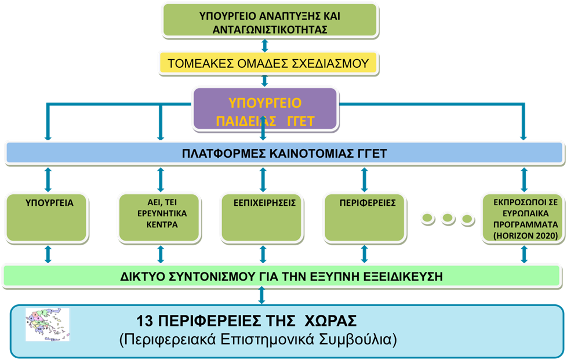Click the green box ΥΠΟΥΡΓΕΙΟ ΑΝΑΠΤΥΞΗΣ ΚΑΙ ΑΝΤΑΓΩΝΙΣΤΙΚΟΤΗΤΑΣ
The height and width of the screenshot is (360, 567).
(270, 21)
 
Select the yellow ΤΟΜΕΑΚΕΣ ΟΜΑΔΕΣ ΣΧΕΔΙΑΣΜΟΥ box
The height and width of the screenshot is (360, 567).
(268, 63)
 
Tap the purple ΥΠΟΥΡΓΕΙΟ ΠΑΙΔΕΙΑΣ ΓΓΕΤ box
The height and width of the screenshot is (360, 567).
(265, 109)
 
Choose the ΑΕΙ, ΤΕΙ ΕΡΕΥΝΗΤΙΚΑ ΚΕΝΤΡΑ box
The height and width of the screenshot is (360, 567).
(159, 218)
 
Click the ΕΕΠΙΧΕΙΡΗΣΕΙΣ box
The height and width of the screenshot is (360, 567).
(262, 218)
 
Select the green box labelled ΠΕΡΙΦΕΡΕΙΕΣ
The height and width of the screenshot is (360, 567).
(365, 218)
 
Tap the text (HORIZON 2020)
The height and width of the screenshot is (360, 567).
(525, 236)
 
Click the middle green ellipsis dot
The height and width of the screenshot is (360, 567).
(448, 218)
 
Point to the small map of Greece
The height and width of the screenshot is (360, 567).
(48, 324)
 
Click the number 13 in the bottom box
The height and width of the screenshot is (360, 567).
(144, 321)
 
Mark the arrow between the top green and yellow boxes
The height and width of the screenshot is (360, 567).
(265, 45)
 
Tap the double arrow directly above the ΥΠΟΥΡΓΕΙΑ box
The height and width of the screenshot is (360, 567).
(48, 180)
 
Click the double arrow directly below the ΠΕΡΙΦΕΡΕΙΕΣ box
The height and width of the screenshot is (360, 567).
(364, 254)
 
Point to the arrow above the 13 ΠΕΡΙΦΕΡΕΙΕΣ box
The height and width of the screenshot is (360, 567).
(262, 295)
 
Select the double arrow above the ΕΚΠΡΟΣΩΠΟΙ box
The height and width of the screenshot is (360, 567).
(524, 180)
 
